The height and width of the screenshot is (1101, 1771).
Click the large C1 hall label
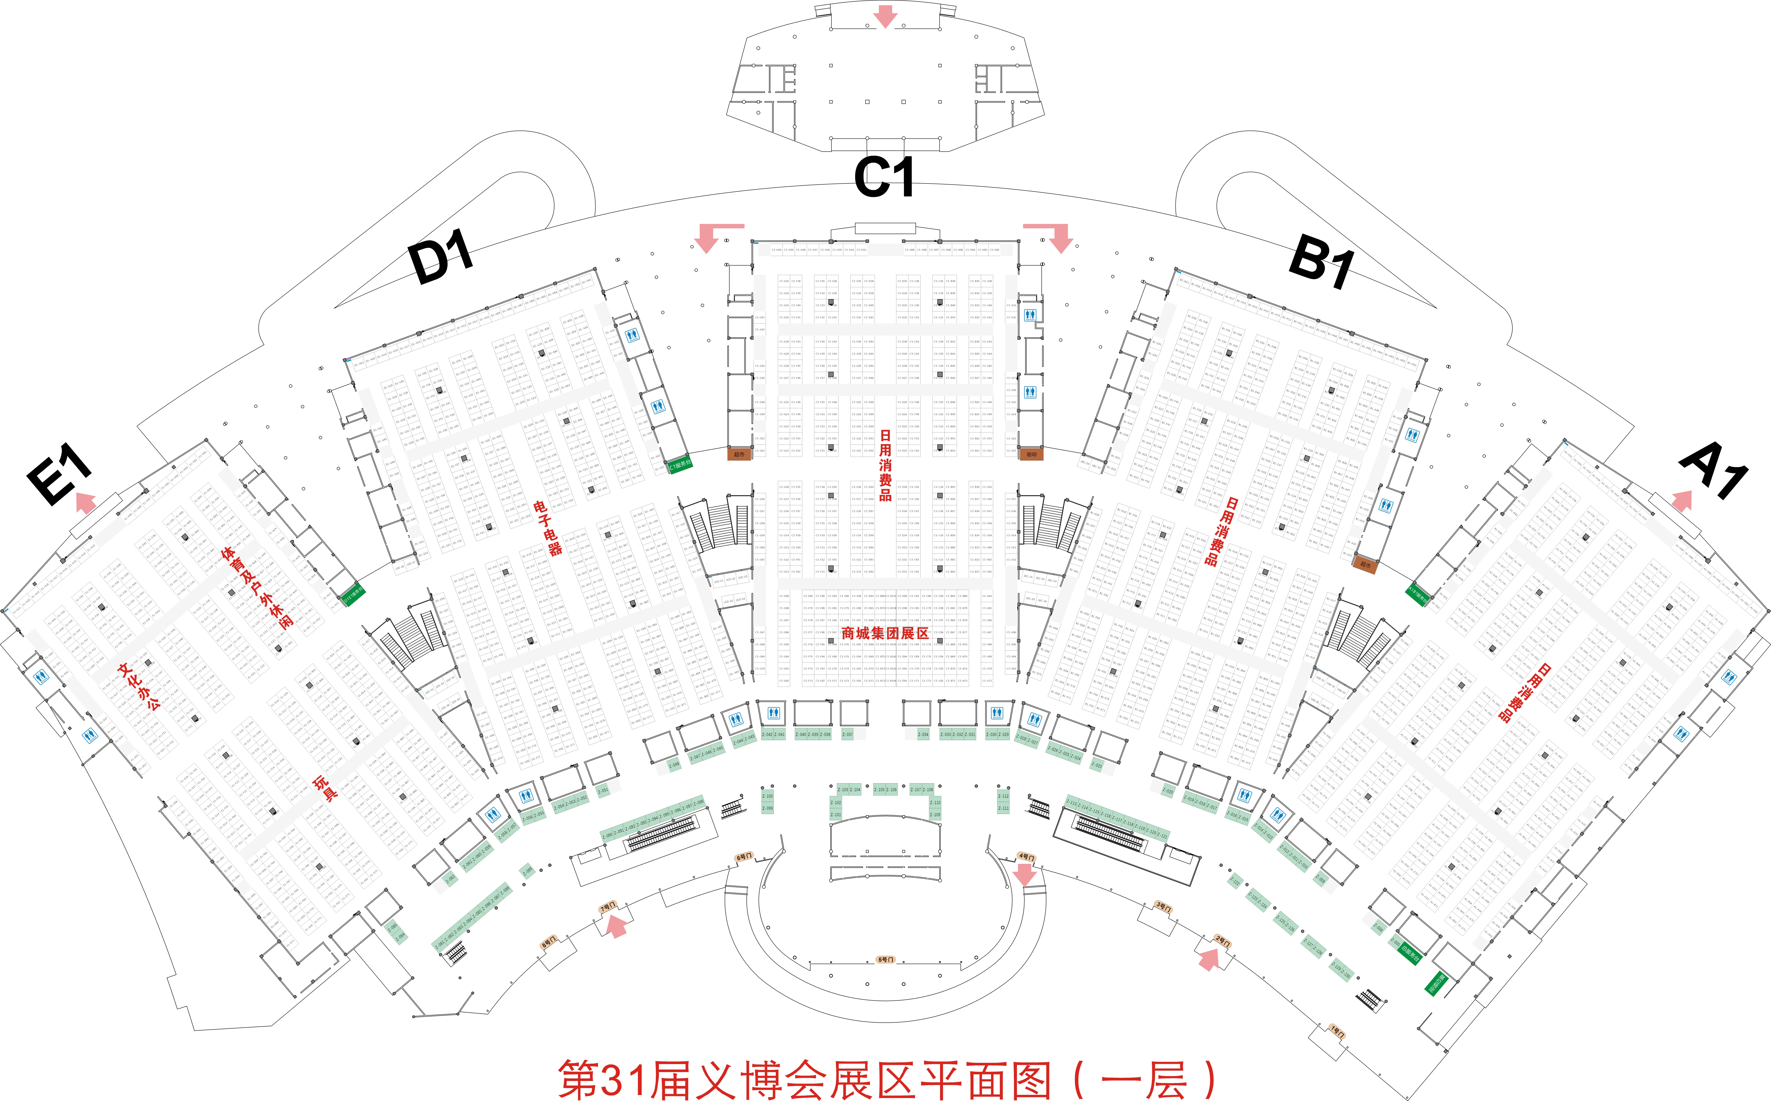884,177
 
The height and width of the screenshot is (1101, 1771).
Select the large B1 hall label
1321,260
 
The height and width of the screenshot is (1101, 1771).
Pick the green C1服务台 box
680,464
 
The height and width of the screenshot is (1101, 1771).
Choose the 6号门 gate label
744,857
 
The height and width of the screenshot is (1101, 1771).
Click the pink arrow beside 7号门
616,926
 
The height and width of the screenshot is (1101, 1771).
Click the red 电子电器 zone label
548,528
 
